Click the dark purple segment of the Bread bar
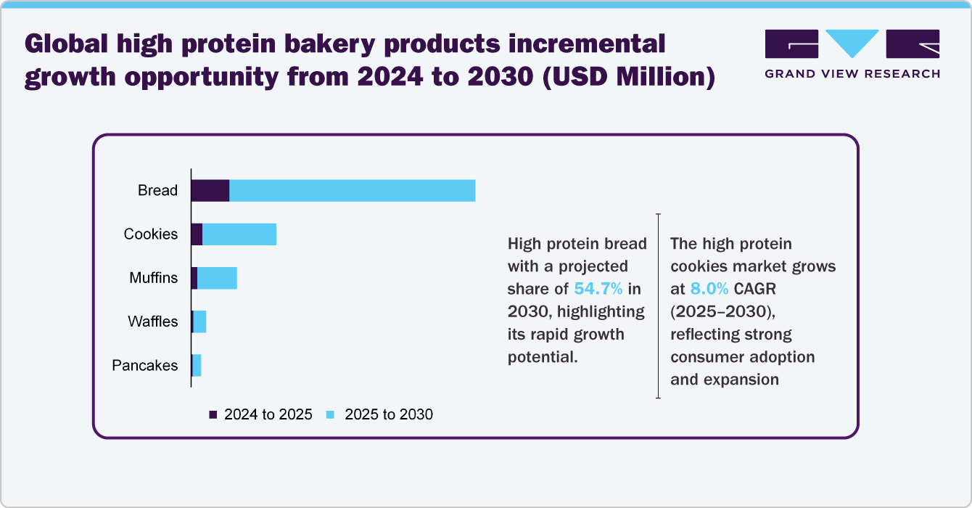210,190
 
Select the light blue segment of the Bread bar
352,190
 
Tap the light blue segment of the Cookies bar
239,234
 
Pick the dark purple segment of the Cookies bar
197,234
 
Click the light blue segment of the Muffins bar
217,278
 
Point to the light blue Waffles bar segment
199,321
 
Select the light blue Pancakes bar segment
197,365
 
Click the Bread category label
157,190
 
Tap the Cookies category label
150,234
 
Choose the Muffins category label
153,278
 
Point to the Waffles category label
152,321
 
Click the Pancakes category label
144,365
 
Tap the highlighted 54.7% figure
598,288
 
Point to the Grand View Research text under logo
852,73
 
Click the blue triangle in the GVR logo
852,43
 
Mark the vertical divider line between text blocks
658,306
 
